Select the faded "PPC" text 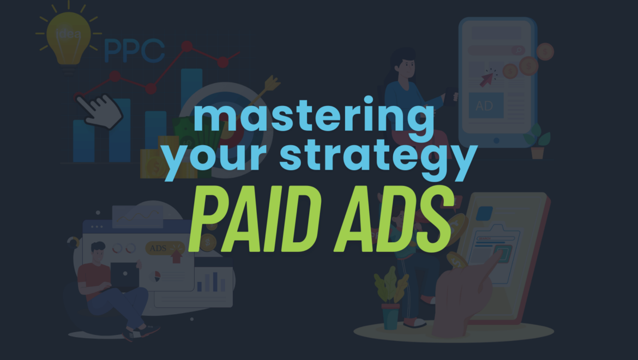pos(134,51)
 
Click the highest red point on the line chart pos(186,46)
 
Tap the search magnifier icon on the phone pos(518,50)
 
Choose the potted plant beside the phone pos(537,141)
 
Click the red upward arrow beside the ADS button pos(177,255)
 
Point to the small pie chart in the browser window pos(155,276)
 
